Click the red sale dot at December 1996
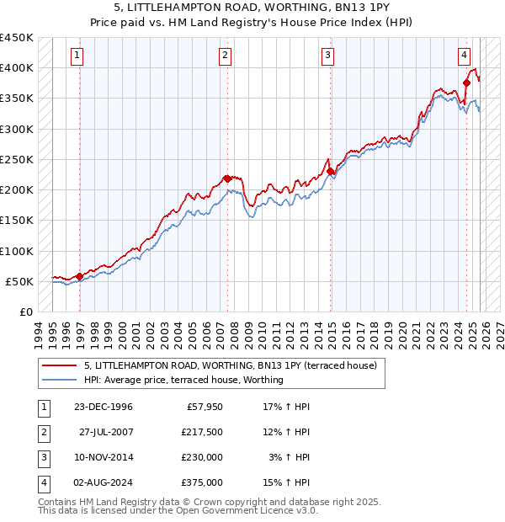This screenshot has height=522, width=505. [x=79, y=276]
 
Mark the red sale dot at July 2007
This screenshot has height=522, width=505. [x=227, y=178]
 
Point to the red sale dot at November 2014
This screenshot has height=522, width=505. [x=330, y=171]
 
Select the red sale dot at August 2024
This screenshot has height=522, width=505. [x=466, y=83]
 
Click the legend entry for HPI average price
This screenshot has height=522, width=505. [x=183, y=380]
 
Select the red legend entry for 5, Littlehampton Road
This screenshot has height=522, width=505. [x=235, y=365]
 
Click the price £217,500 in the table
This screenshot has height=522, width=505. [x=202, y=432]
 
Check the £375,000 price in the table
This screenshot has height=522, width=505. [x=202, y=482]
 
